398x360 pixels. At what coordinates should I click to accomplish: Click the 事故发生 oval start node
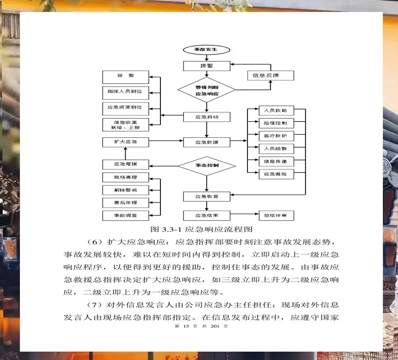click(x=206, y=50)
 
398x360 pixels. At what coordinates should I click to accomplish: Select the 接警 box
click(x=206, y=66)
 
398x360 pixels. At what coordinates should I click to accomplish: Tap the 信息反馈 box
click(x=270, y=75)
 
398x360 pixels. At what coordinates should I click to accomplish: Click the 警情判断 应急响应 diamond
click(x=206, y=90)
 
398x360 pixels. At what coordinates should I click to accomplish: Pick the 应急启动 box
click(x=206, y=117)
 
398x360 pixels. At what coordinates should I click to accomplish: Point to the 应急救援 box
click(x=206, y=142)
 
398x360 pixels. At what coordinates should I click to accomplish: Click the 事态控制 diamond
click(x=206, y=165)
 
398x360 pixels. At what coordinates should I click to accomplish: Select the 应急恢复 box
click(x=206, y=196)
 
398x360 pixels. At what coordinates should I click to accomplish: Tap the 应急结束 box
click(x=206, y=215)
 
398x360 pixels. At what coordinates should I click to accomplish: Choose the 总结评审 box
click(x=276, y=215)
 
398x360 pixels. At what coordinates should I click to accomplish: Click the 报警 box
click(x=125, y=76)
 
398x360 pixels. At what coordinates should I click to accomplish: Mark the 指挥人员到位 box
click(x=125, y=92)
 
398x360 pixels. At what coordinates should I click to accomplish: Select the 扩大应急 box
click(x=125, y=142)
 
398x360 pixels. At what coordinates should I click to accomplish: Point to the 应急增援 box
click(x=125, y=164)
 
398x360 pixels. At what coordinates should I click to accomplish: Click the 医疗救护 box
click(x=276, y=136)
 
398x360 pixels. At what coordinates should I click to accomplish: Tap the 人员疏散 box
click(x=276, y=149)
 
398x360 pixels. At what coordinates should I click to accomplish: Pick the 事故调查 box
click(x=125, y=215)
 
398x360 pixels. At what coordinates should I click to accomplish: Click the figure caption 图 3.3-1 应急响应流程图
click(x=201, y=229)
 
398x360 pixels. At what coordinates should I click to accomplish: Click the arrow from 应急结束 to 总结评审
click(x=244, y=215)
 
